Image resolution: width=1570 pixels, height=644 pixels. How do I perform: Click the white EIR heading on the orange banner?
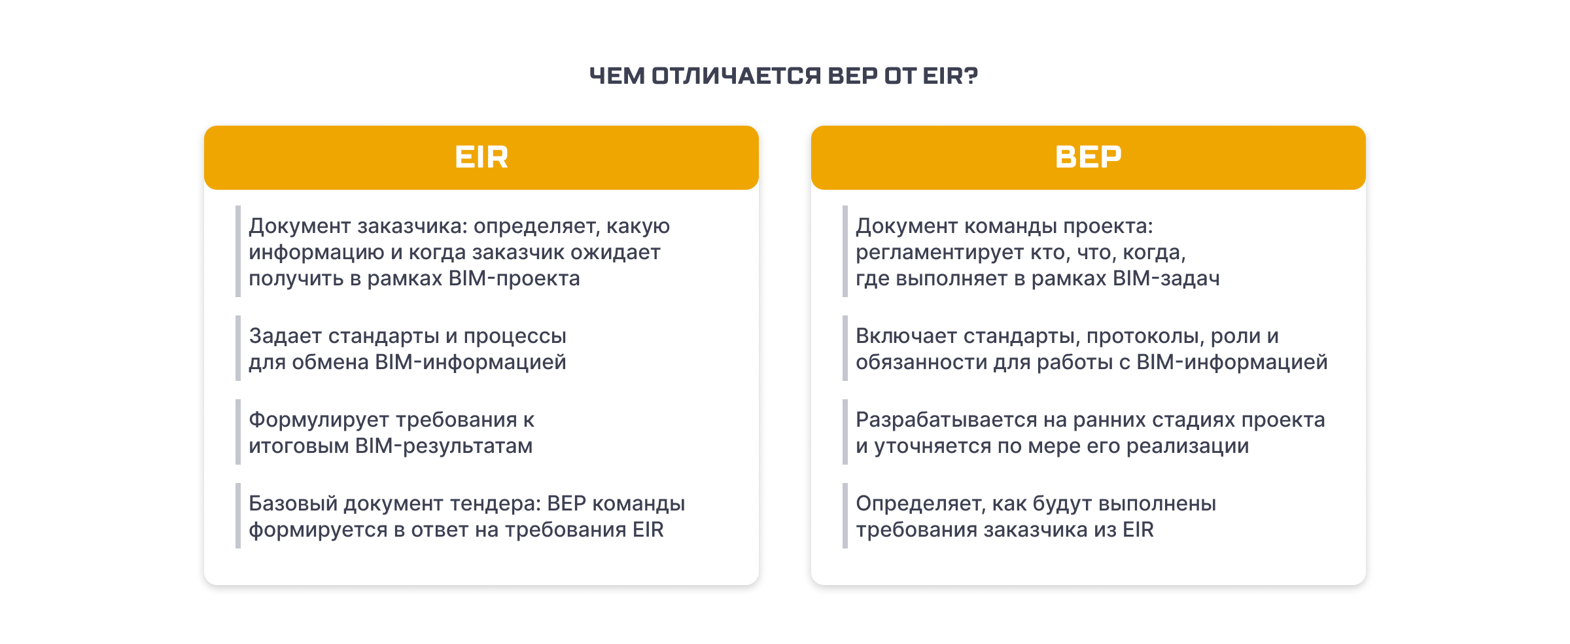481,157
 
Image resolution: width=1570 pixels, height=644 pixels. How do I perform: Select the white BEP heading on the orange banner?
1089,157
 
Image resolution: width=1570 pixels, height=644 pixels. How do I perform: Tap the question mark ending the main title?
971,76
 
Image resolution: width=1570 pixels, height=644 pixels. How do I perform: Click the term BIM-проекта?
514,279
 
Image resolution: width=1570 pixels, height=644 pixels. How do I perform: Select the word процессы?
515,336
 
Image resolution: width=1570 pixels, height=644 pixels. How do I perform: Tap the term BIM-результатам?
444,446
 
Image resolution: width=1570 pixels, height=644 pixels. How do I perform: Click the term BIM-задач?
1166,279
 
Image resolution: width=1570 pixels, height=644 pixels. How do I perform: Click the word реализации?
1188,446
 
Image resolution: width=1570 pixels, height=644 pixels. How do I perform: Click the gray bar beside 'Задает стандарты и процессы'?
238,348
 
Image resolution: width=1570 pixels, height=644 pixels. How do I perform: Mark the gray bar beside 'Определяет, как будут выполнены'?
845,516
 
